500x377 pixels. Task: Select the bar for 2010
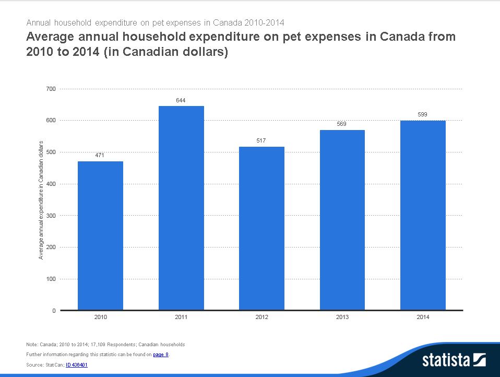tap(100, 235)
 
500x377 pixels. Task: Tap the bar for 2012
tap(261, 228)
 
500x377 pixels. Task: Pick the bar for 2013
tap(342, 220)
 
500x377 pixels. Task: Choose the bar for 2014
tap(423, 215)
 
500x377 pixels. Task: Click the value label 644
tap(181, 100)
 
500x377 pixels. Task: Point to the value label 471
tap(100, 155)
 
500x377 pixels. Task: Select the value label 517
tap(261, 140)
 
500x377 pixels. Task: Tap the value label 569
tap(342, 124)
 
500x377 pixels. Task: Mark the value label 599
tap(423, 114)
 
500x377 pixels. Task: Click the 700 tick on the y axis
tap(51, 89)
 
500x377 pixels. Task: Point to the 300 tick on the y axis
tap(51, 216)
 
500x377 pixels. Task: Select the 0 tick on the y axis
tap(54, 311)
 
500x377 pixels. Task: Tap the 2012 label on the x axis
tap(261, 317)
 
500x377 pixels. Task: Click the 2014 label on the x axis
tap(423, 317)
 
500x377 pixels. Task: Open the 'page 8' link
tap(160, 355)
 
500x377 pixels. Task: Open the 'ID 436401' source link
tap(76, 365)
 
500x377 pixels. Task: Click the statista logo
tap(454, 360)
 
